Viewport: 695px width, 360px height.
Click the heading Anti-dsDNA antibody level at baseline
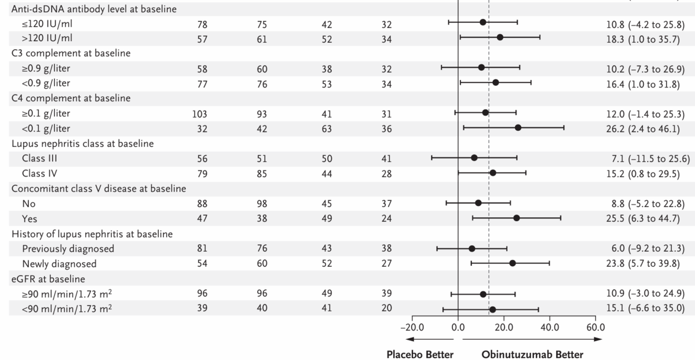(x=98, y=9)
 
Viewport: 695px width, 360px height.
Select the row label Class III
(x=39, y=159)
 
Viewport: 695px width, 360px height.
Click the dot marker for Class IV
(x=493, y=172)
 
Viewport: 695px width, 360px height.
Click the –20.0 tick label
(x=412, y=326)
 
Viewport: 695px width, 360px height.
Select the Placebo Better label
(x=420, y=354)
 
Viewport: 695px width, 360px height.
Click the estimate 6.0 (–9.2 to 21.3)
(x=642, y=248)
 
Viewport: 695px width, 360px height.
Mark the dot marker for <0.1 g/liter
(x=518, y=127)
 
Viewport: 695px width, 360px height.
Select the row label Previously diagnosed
(x=68, y=248)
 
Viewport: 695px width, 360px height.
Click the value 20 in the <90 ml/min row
(x=386, y=308)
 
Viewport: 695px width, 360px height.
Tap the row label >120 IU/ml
(x=48, y=38)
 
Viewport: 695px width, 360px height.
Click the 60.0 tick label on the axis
(x=595, y=326)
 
